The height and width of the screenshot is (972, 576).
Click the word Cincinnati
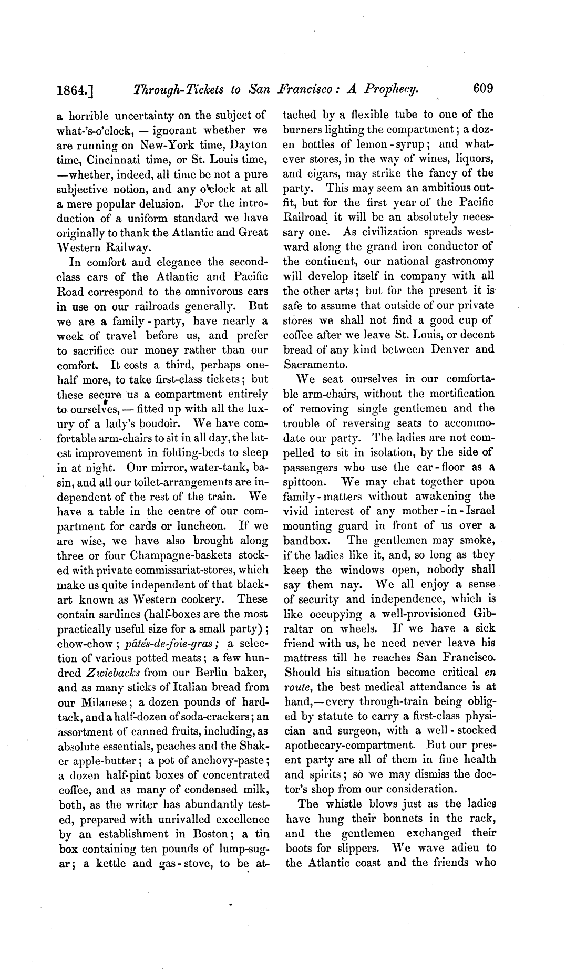(x=119, y=159)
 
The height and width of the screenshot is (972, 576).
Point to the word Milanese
(x=100, y=702)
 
